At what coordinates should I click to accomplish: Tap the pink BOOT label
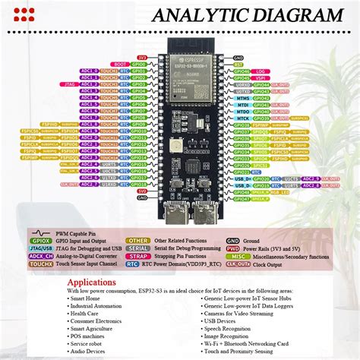pos(118,64)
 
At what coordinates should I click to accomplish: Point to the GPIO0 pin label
pos(139,64)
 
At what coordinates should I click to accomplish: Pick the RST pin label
pos(238,65)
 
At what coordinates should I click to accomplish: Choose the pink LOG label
pos(261,71)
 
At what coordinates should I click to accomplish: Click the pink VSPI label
pos(261,78)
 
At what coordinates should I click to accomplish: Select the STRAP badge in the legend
pos(138,256)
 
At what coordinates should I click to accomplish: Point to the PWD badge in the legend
pos(232,248)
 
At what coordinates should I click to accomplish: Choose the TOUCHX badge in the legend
pos(41,264)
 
